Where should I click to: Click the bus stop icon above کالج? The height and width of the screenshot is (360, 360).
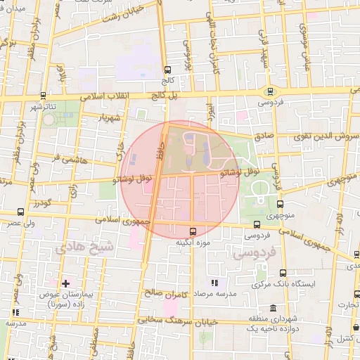coord(167,70)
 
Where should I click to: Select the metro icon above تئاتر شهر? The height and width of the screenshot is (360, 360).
coord(44,95)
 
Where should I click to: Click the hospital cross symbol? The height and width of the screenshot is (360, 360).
coord(65,283)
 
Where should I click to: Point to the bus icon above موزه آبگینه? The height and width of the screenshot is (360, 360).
coord(193,231)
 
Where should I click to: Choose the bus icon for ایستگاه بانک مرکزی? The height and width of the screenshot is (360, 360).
coord(283,273)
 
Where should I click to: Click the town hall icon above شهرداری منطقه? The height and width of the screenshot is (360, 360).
coord(273,308)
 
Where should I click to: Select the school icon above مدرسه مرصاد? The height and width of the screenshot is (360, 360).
coord(214,283)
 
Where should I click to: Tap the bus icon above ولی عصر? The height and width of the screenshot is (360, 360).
coord(20,211)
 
